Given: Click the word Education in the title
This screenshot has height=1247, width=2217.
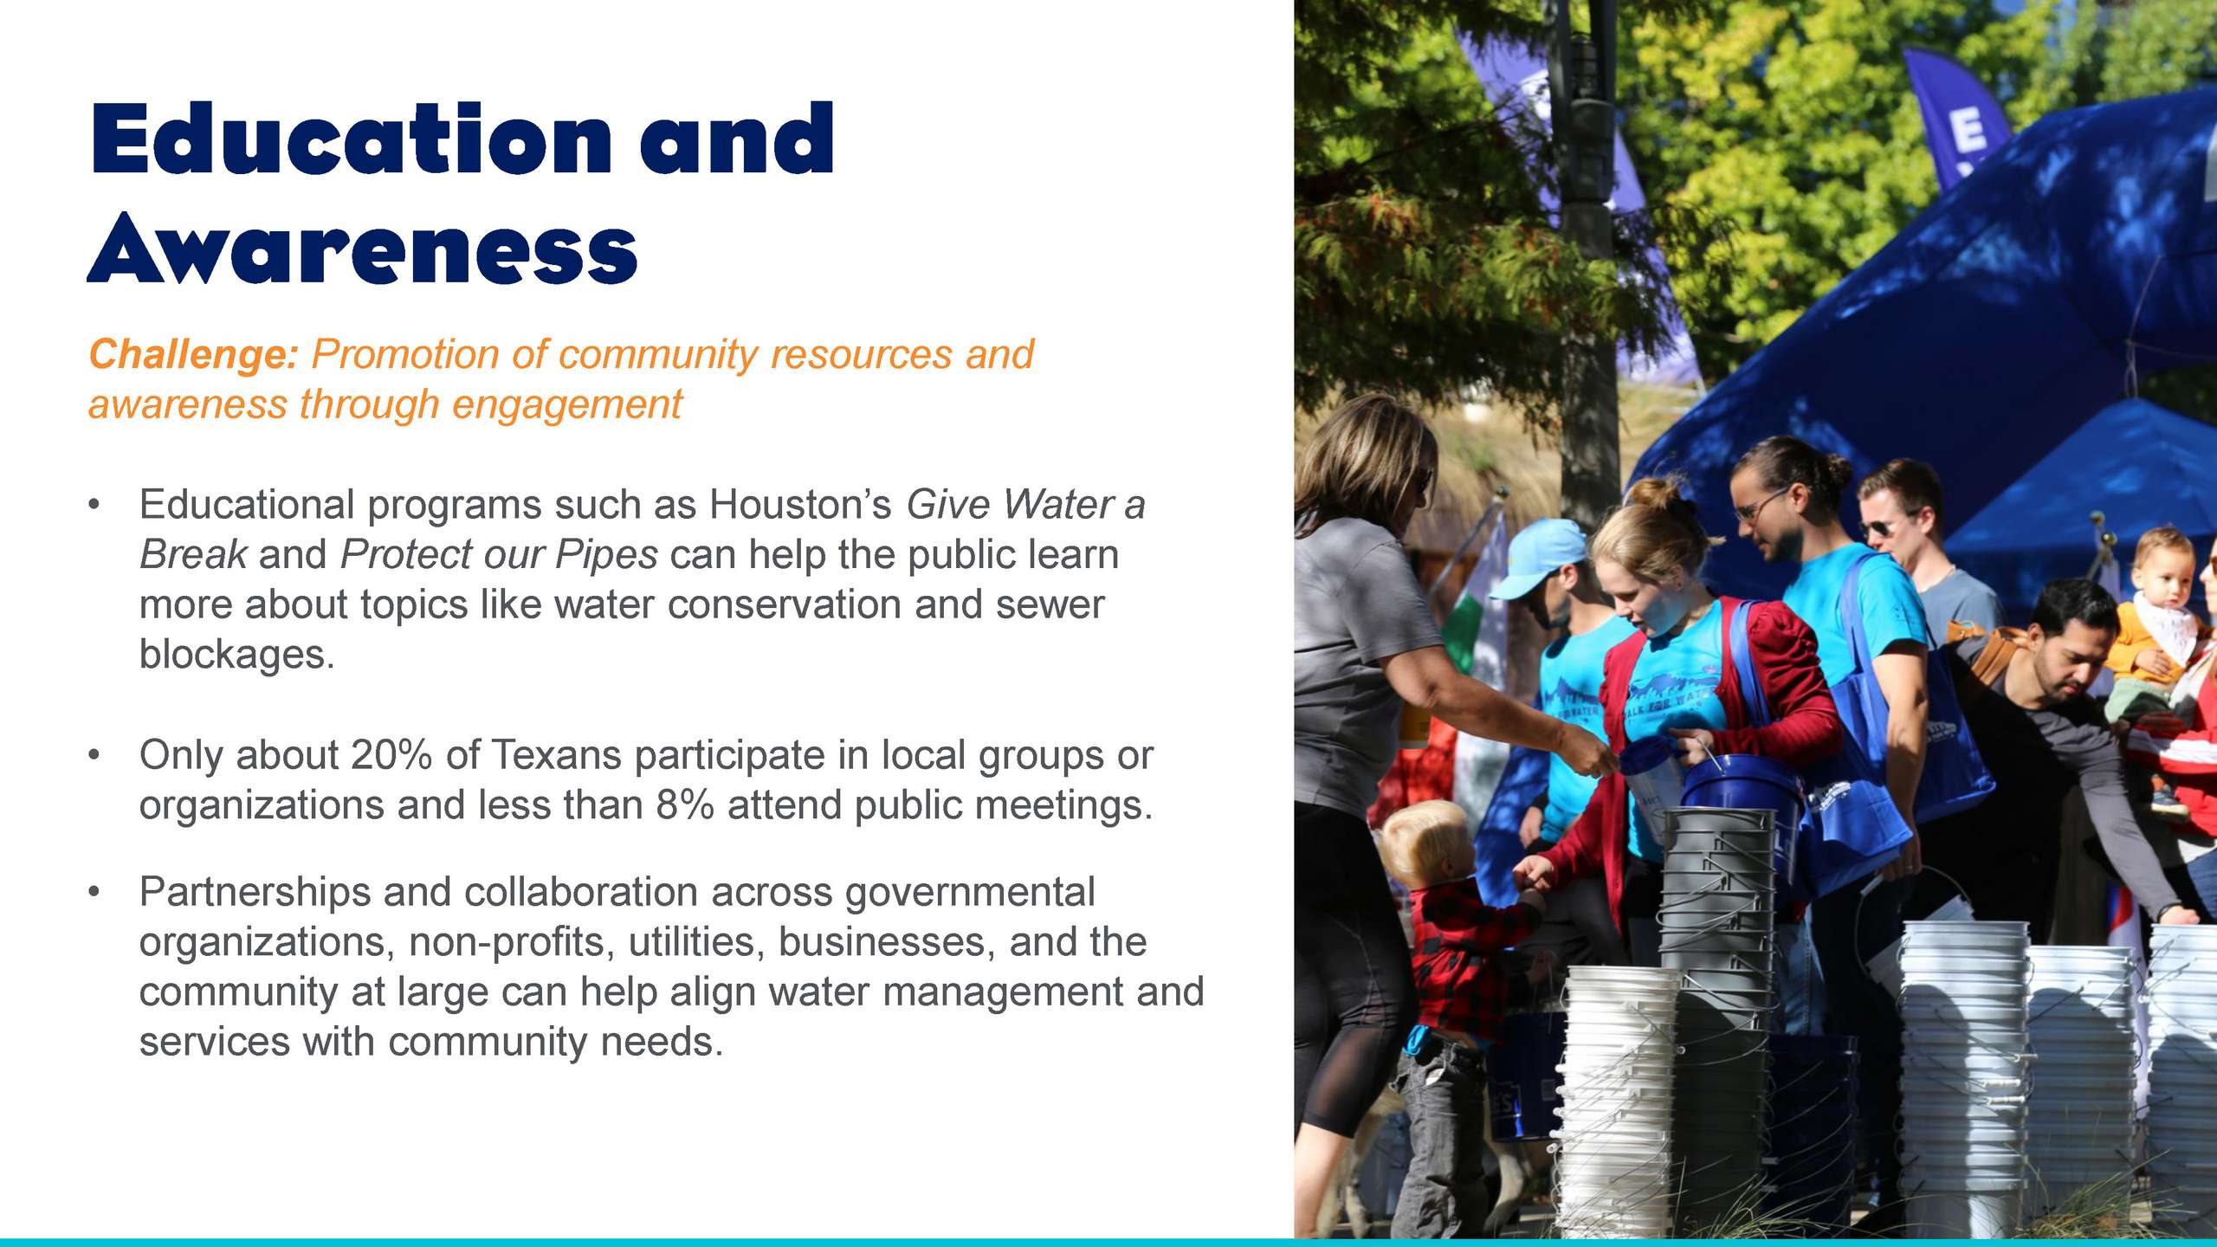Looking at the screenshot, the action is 351,139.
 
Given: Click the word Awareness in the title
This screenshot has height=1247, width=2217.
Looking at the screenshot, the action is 363,249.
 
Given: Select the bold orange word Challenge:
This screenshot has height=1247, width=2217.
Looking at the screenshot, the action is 194,354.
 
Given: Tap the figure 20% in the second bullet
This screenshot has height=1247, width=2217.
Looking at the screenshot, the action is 391,755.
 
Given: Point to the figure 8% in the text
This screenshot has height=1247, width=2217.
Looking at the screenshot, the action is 685,805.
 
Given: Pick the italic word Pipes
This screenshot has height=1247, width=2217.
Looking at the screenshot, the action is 606,556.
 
